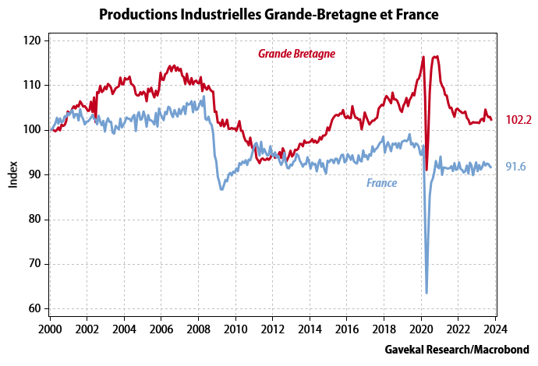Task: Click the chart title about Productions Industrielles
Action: (268, 14)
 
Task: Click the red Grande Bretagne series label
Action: (296, 54)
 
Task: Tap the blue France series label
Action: (381, 183)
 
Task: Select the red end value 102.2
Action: (519, 119)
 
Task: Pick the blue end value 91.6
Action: (515, 167)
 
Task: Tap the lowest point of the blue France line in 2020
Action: (427, 293)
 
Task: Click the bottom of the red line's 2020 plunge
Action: (427, 169)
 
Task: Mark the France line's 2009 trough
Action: (222, 189)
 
